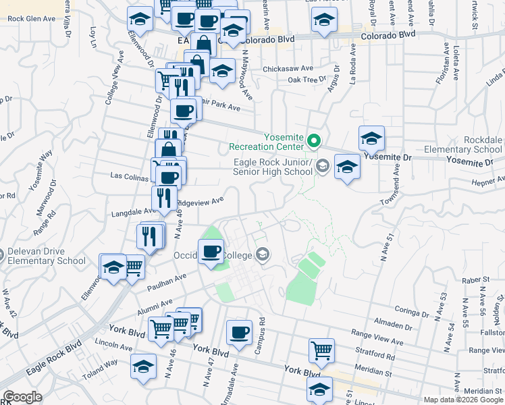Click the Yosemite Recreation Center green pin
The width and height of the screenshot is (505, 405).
pos(313,141)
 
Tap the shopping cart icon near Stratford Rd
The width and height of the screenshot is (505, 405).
pos(322,350)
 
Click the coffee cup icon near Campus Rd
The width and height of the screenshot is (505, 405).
pos(239,332)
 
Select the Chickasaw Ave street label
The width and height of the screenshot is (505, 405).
pos(288,69)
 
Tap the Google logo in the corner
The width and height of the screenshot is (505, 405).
pos(22,397)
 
